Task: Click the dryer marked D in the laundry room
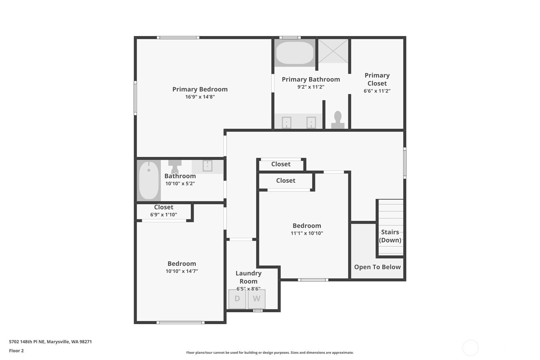tap(237, 299)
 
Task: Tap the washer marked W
tap(256, 299)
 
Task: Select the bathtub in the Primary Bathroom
tap(295, 53)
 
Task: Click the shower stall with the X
tap(333, 51)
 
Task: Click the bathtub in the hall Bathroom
tap(149, 180)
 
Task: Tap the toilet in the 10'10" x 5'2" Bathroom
tap(175, 166)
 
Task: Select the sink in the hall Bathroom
tap(207, 166)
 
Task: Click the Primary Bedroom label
tap(200, 89)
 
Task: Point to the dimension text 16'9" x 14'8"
tap(200, 97)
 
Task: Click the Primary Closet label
tap(377, 79)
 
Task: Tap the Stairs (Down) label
tap(390, 236)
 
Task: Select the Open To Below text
tap(377, 267)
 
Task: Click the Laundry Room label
tap(249, 277)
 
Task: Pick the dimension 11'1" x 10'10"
tap(307, 233)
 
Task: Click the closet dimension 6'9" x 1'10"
tap(164, 215)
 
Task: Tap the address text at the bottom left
tap(50, 342)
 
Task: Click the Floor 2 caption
tap(16, 350)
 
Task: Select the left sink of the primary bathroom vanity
tap(286, 123)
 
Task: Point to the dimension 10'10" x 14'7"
tap(182, 271)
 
